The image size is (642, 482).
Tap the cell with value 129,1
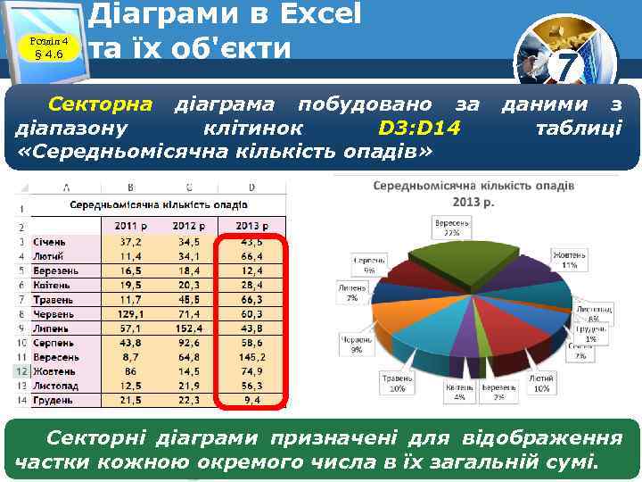[x=130, y=313]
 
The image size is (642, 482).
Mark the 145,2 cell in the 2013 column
[x=251, y=356]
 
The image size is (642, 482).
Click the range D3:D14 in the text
[x=419, y=129]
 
